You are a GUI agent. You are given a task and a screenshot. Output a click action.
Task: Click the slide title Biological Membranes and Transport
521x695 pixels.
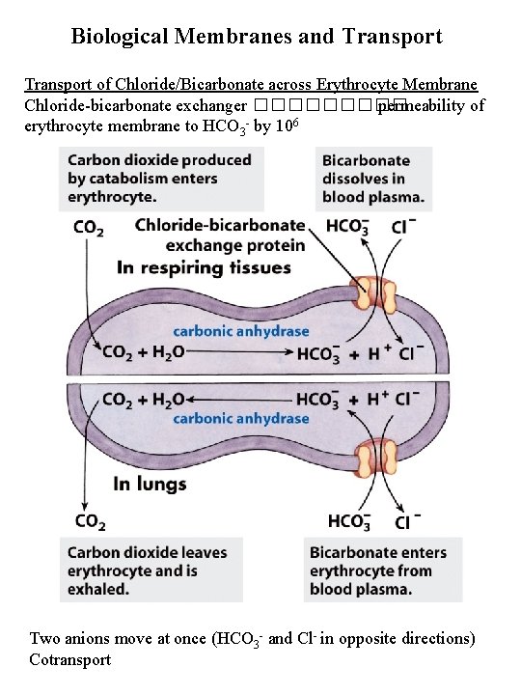click(x=257, y=37)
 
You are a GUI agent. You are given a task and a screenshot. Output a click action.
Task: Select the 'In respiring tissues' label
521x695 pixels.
click(x=202, y=266)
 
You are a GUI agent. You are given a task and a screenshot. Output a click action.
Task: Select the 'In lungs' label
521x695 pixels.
click(x=150, y=484)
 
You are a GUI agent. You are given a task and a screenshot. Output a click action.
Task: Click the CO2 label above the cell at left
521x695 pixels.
click(x=90, y=230)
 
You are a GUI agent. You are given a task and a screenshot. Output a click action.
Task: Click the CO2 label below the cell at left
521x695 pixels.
click(x=90, y=522)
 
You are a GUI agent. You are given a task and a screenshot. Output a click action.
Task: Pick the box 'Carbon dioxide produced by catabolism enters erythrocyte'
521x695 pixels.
click(x=158, y=180)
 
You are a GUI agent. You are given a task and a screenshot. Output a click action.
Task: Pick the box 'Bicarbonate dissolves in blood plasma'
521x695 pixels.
click(x=372, y=180)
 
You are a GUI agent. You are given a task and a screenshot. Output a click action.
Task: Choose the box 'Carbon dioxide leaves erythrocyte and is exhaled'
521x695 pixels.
click(x=147, y=570)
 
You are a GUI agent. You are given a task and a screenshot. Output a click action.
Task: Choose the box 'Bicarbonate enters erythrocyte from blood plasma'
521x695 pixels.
click(x=378, y=570)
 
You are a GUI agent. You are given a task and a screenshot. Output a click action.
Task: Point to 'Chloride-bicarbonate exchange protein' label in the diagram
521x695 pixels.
click(x=220, y=235)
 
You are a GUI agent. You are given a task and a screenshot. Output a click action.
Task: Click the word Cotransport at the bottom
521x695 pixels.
click(x=70, y=659)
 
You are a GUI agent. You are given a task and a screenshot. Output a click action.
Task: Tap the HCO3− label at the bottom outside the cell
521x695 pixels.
click(x=349, y=522)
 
